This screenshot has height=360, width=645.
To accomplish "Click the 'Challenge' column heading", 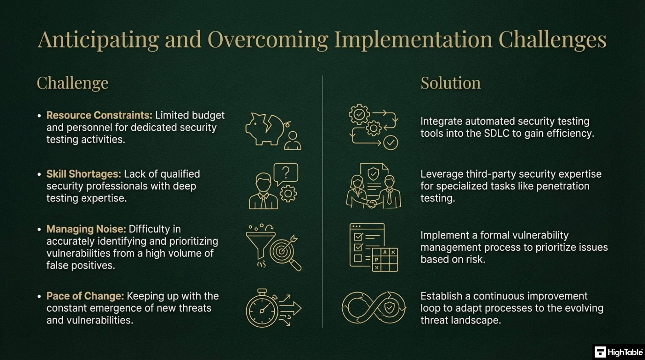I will (72, 83).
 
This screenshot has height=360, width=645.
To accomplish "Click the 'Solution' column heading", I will (450, 83).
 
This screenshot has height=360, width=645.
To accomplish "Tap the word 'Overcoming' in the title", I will (268, 40).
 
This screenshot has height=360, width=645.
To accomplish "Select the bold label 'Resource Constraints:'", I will (99, 115).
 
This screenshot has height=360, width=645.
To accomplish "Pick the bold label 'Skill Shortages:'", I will (83, 174).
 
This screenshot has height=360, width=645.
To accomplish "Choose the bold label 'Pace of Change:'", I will (85, 296).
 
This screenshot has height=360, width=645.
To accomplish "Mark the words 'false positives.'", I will (81, 266).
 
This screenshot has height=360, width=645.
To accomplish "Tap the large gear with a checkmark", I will (359, 114).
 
